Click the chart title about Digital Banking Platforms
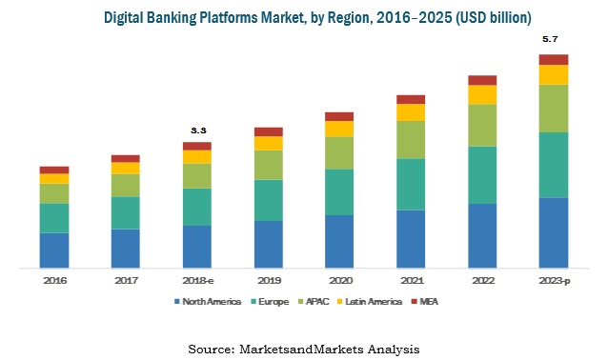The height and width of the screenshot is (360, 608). point(304,18)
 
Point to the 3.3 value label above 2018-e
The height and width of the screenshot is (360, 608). point(198,130)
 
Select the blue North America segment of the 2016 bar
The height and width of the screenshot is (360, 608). point(54,250)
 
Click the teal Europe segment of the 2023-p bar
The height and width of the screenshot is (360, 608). point(554,165)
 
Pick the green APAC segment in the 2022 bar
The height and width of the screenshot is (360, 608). point(482,125)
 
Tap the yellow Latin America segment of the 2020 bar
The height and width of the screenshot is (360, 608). point(339,129)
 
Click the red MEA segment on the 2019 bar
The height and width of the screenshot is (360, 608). point(268,131)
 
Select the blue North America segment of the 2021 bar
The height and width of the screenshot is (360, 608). point(411,238)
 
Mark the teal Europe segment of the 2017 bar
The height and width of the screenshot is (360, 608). point(126,212)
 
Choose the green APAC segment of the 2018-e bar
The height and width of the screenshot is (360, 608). point(197,175)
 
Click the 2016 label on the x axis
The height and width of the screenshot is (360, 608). point(54,281)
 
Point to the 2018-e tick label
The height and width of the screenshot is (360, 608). point(197,281)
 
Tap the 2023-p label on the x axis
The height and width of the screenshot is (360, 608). point(554,281)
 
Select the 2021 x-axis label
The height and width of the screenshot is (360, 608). point(411,281)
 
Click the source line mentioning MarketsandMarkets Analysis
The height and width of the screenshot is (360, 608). point(303,349)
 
